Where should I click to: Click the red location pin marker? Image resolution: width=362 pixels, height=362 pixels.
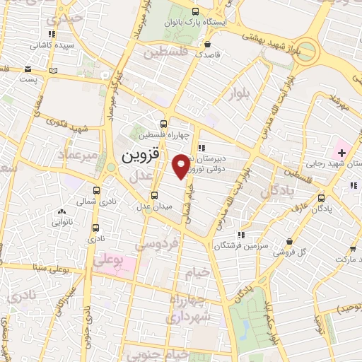pos(181,166)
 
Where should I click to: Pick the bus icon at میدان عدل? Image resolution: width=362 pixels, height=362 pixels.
pos(155,196)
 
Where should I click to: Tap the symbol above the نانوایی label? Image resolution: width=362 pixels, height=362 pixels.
pos(62,211)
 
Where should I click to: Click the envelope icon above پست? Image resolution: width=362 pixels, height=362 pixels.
pos(28,69)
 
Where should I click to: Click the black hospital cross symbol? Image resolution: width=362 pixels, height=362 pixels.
pos(342,153)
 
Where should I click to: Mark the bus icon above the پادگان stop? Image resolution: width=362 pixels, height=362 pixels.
pos(322,198)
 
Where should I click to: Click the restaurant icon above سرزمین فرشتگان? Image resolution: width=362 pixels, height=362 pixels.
pos(241,234)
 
